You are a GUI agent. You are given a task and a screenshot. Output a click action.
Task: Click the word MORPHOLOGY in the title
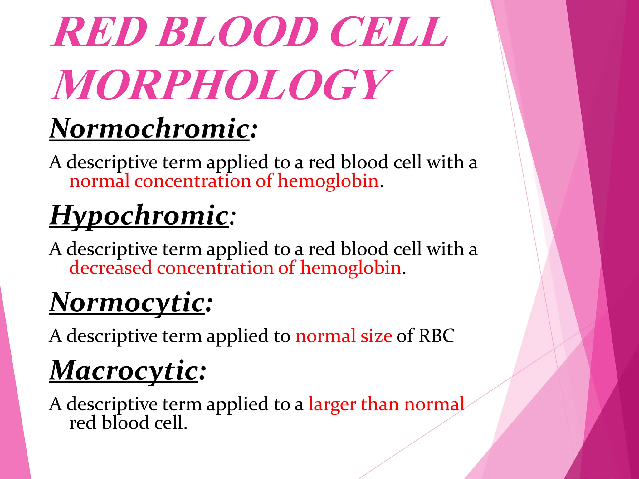(222, 85)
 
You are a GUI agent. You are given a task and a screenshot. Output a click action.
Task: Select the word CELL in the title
(388, 32)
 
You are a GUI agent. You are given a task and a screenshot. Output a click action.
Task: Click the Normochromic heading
(149, 128)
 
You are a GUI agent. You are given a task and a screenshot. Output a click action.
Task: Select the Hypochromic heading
(139, 215)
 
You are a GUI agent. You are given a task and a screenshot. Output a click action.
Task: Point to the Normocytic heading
(127, 302)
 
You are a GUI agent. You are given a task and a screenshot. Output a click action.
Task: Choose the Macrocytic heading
(124, 370)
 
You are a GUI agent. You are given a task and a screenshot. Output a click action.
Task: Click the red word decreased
(110, 268)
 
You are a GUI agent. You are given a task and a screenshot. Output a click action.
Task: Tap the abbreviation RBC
(437, 336)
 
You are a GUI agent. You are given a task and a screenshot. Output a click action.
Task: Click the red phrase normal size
(344, 336)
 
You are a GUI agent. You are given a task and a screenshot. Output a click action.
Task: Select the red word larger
(332, 404)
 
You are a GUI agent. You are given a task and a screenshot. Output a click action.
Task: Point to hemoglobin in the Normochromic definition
(328, 181)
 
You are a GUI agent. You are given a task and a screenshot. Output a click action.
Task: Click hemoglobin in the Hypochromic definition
(351, 268)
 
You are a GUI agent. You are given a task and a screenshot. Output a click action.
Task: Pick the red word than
(380, 404)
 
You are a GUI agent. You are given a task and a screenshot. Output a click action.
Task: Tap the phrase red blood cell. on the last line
(128, 423)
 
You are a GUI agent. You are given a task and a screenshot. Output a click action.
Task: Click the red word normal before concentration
(99, 181)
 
